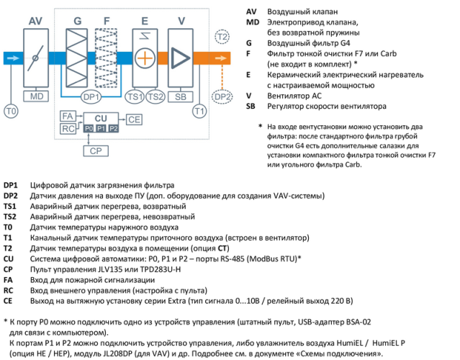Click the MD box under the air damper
click(36, 96)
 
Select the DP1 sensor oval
click(91, 96)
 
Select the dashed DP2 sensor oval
click(222, 96)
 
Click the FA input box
click(67, 116)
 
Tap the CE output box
click(135, 119)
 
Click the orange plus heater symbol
click(145, 57)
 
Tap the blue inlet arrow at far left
click(12, 57)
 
